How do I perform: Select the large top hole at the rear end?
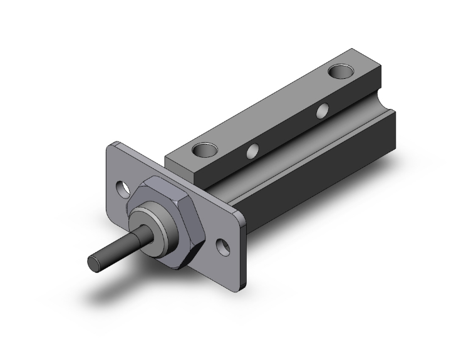pos(342,71)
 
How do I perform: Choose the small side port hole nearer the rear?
pos(323,111)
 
